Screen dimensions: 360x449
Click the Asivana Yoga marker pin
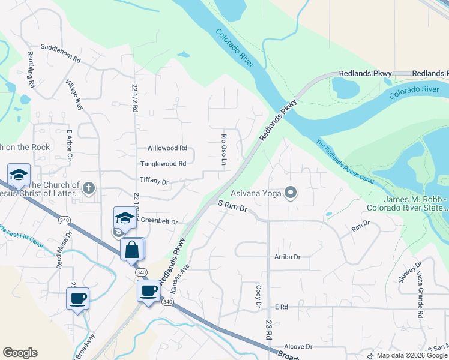click(291, 193)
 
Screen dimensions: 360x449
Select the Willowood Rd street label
click(167, 148)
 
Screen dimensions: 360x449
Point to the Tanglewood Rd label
click(163, 163)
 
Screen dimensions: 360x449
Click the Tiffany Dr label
click(154, 180)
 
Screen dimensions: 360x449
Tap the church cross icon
click(89, 188)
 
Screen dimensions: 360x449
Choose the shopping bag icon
click(132, 248)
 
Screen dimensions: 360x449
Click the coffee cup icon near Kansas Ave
click(148, 291)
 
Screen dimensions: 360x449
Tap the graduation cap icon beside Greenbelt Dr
click(125, 217)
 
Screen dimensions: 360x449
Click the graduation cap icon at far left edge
click(19, 174)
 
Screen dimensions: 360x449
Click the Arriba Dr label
click(287, 257)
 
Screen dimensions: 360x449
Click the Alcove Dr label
click(298, 346)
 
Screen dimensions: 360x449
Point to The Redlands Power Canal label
click(345, 163)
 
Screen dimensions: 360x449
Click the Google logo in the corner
click(20, 353)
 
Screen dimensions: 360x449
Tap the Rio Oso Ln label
click(223, 146)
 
